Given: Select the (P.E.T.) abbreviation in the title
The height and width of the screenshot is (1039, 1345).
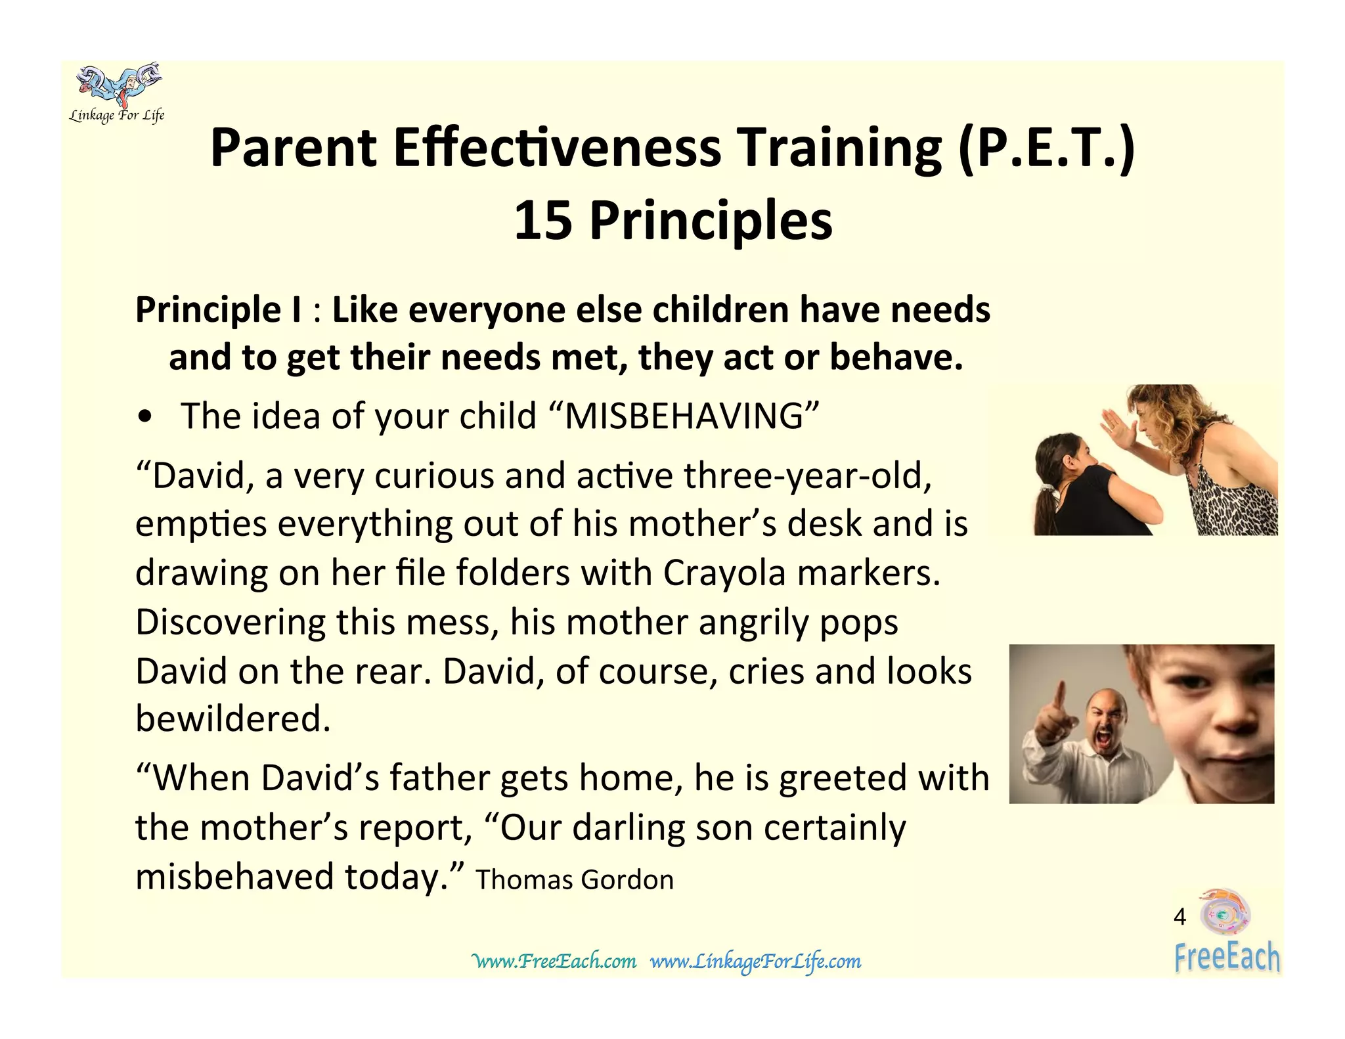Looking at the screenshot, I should [1046, 148].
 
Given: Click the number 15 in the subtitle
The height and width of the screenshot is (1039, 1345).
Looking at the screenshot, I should [542, 221].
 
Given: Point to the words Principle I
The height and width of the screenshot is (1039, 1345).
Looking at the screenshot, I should [219, 310].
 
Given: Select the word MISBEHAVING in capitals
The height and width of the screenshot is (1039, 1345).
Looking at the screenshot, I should [684, 416].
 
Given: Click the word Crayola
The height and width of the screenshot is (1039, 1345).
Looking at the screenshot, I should [724, 573].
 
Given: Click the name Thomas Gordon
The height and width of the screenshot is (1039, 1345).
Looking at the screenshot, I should [575, 880].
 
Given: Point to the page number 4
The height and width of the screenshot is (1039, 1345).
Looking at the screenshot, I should [1180, 917].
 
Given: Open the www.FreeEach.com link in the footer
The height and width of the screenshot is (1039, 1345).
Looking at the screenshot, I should [554, 962].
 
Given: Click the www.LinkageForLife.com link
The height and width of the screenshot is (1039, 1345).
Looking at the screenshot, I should [755, 962].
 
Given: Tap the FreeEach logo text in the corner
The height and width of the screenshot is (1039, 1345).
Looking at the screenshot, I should [1227, 957].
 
